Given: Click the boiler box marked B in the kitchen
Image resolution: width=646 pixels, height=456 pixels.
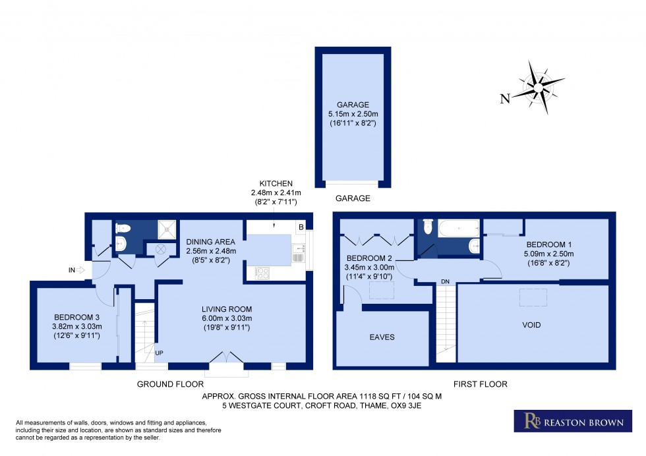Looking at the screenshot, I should coord(301,227).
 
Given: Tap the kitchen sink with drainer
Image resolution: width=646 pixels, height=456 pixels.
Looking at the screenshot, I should coord(299,252).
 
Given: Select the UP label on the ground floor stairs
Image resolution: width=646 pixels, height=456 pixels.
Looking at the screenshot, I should coord(159,354).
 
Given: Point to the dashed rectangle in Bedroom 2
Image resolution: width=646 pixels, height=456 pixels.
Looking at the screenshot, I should coord(381,291).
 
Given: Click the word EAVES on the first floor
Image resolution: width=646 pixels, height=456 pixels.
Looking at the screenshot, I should coord(382,337).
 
